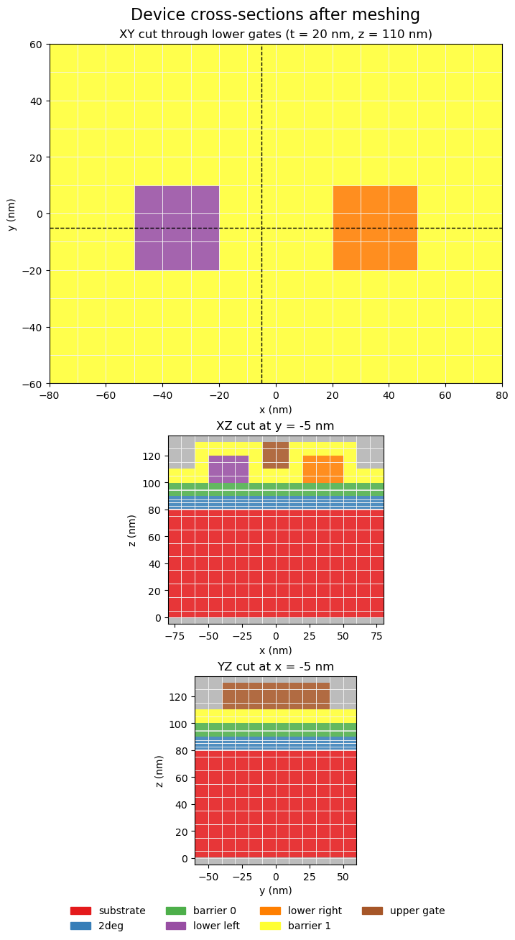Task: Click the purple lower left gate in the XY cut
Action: click(177, 228)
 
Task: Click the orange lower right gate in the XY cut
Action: click(375, 228)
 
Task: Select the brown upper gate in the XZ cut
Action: click(276, 455)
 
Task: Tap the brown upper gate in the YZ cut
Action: click(276, 696)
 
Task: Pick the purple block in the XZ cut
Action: click(228, 469)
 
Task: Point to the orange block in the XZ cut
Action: click(323, 469)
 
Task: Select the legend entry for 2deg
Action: click(111, 926)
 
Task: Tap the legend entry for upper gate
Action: click(417, 911)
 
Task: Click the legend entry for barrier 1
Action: click(310, 926)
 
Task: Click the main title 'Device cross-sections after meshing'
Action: click(275, 14)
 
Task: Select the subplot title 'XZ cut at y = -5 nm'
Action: click(275, 426)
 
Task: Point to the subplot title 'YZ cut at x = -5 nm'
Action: click(275, 667)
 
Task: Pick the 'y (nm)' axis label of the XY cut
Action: click(11, 213)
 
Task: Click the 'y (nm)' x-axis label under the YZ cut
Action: click(275, 890)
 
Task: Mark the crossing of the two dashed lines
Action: click(261, 228)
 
